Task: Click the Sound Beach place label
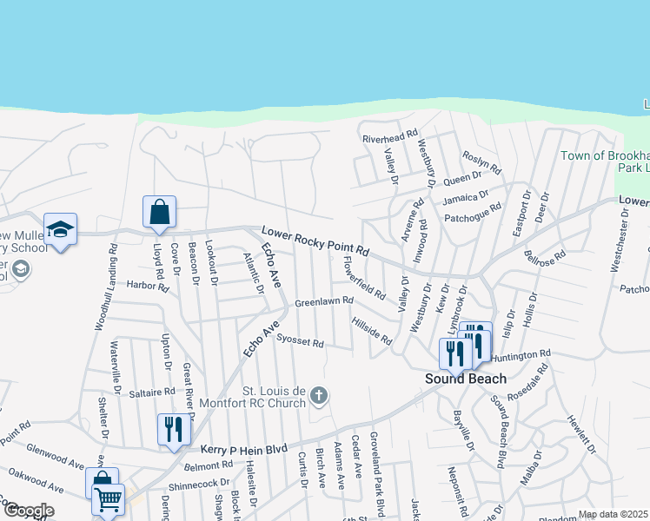point(465,379)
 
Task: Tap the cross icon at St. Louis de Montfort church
point(319,396)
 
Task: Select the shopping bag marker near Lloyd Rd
point(160,212)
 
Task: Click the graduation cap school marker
point(60,229)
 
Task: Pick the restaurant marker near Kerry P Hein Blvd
point(174,429)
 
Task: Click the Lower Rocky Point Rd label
point(315,241)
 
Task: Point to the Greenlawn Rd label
point(323,301)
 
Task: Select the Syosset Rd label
point(300,343)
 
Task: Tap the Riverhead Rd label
point(390,138)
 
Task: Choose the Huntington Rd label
point(521,355)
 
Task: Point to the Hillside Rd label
point(372,331)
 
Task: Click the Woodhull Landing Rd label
point(112,287)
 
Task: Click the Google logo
point(28,511)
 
